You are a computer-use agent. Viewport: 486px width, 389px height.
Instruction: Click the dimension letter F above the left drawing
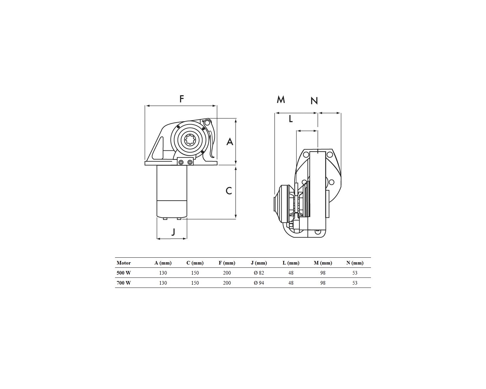[181, 99]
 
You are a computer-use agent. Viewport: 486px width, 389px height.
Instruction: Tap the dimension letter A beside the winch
[230, 142]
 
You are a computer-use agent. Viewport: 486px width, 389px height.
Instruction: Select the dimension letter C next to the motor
[229, 191]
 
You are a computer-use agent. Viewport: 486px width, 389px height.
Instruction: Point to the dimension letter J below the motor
[173, 232]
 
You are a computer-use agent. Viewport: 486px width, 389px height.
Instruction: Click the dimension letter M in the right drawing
[281, 99]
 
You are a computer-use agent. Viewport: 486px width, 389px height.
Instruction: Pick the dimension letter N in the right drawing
[314, 101]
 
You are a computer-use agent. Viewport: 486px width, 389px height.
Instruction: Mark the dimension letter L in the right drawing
[291, 119]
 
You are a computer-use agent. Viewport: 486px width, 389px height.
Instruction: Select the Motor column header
[124, 263]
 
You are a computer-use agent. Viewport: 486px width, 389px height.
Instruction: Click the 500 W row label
[124, 273]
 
